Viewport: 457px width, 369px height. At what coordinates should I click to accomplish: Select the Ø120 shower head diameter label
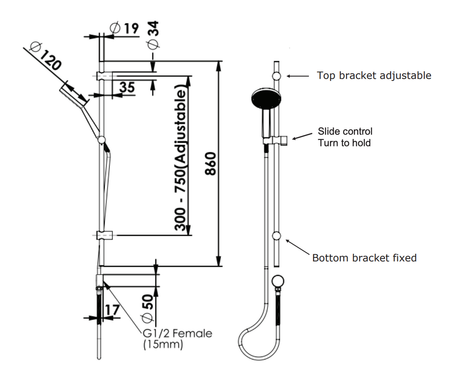point(45,56)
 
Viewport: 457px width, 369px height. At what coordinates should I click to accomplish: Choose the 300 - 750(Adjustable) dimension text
point(180,159)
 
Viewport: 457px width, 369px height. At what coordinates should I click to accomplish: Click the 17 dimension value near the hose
point(112,310)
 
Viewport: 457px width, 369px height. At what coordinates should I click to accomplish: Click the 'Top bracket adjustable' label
point(374,75)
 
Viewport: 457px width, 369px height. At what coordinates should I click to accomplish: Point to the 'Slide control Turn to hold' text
point(345,137)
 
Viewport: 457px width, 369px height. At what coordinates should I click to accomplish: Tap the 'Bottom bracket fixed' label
point(364,258)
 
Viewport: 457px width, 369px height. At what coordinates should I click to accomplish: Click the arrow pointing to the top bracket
point(297,76)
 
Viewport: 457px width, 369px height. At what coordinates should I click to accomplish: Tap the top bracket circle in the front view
point(277,76)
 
